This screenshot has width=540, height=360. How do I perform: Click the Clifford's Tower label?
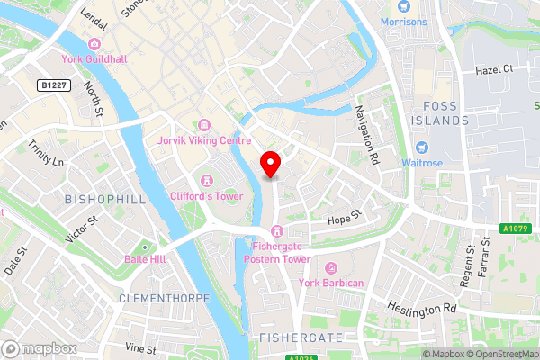pyautogui.click(x=207, y=195)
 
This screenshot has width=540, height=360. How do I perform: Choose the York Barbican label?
pyautogui.click(x=332, y=283)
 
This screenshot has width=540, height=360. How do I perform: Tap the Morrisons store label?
pyautogui.click(x=403, y=21)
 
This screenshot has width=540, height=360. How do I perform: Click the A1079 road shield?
pyautogui.click(x=515, y=229)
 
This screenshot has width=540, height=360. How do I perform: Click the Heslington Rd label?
pyautogui.click(x=423, y=308)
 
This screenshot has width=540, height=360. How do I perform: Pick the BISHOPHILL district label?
pyautogui.click(x=104, y=198)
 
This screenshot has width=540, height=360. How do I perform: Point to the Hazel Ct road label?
pyautogui.click(x=494, y=68)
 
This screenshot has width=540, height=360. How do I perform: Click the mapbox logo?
pyautogui.click(x=39, y=347)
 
